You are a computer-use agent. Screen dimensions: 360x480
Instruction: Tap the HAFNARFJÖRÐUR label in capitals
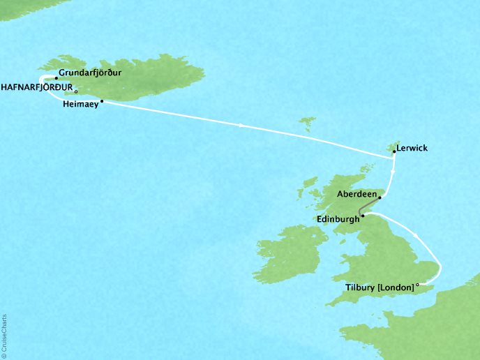pos(36,87)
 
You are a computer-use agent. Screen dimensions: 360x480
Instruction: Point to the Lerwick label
pos(412,148)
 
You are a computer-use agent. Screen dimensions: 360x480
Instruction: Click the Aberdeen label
pos(356,195)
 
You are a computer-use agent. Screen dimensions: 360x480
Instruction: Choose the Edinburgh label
pos(338,218)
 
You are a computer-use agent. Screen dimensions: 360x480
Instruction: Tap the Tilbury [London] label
pos(380,286)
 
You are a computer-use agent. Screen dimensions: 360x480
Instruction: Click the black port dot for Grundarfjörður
pos(56,78)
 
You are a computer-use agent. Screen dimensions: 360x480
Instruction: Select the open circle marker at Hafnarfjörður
pos(76,91)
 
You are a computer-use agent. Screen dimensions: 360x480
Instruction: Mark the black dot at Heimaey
pos(102,102)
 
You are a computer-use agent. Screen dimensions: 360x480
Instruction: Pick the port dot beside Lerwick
pos(393,151)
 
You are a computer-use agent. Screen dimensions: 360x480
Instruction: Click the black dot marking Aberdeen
pos(380,197)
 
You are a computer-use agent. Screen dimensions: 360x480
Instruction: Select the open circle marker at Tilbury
pos(417,285)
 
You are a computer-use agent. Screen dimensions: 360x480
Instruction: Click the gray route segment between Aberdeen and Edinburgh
pos(368,207)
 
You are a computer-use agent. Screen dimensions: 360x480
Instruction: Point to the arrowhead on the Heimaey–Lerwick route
pos(241,126)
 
